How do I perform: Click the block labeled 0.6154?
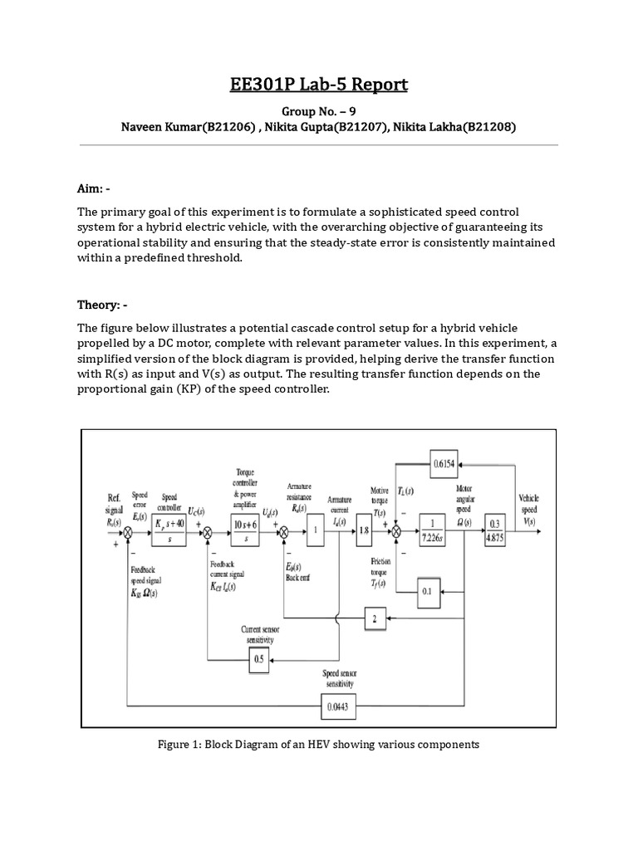click(x=447, y=465)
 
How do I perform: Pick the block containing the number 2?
click(x=375, y=618)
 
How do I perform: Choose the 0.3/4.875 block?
click(x=496, y=530)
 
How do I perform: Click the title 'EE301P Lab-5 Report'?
click(x=318, y=85)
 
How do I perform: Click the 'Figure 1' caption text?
click(x=318, y=745)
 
